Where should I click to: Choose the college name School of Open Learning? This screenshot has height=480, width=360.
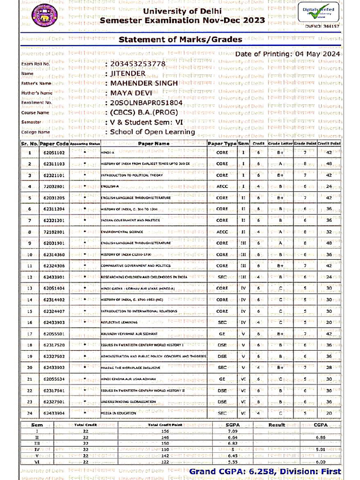pos(152,132)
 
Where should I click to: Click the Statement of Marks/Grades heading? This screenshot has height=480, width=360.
pos(180,39)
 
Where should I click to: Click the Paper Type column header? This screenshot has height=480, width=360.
pos(222,143)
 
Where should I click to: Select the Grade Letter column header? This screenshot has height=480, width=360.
pos(280,143)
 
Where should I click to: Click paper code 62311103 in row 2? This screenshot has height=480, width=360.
pos(54,164)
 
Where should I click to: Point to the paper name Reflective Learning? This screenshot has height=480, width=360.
pos(119,322)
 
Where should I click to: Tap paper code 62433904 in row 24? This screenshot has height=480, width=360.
pos(54,413)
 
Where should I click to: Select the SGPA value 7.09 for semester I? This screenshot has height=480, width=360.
pos(232,431)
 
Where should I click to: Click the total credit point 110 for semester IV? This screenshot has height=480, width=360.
pos(165,449)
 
